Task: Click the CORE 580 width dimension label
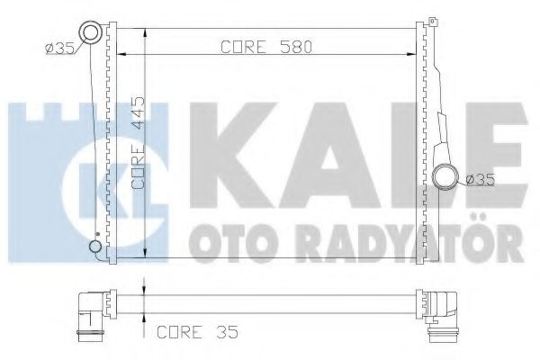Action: [265, 48]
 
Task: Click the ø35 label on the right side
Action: [482, 180]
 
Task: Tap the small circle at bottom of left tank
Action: [94, 247]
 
